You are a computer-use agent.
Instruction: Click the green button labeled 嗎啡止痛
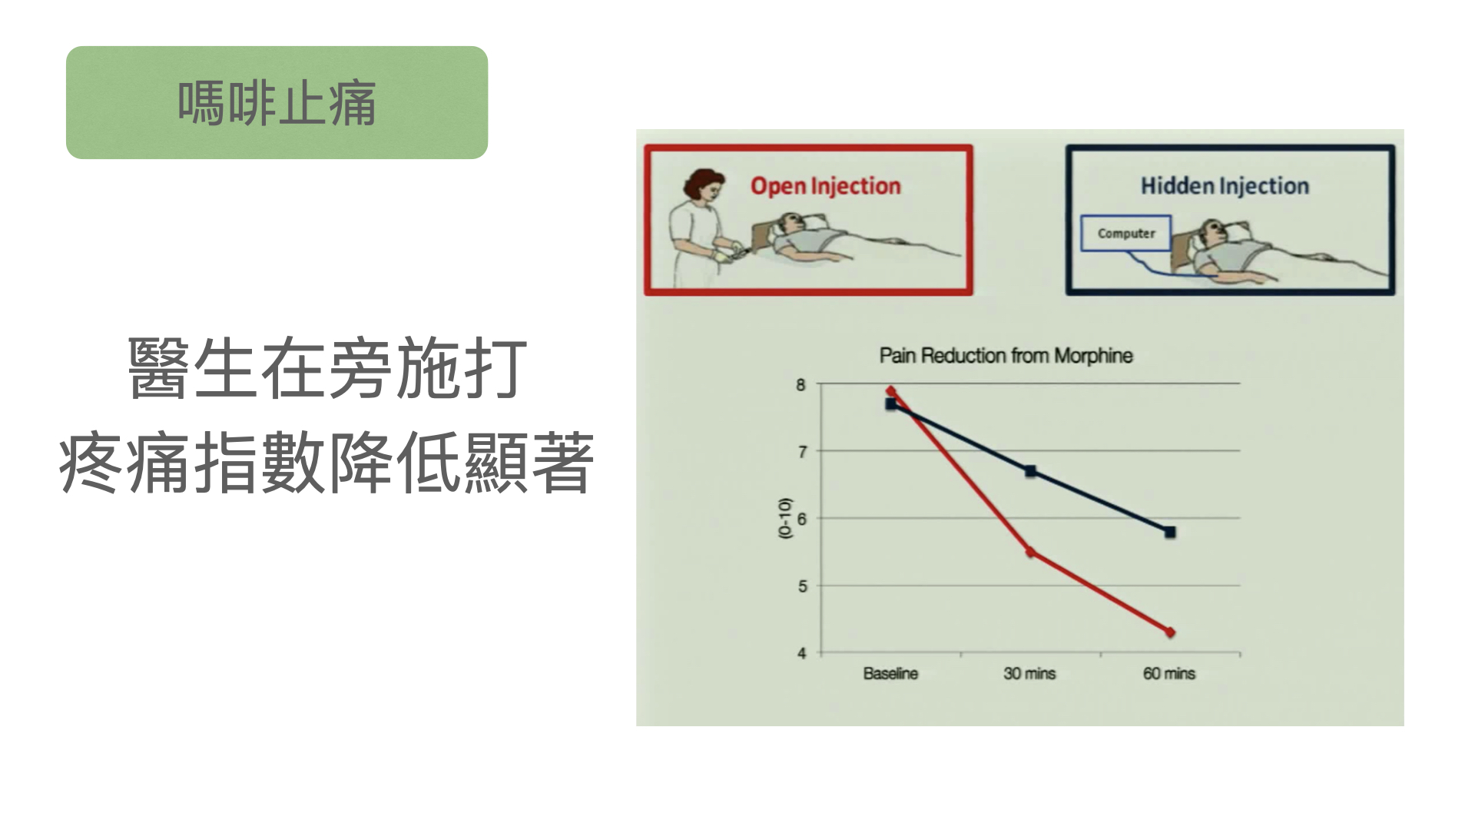coord(277,102)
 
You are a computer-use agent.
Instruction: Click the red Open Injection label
coord(825,186)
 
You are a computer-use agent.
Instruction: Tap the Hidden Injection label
coord(1225,186)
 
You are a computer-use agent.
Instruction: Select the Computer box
coord(1125,233)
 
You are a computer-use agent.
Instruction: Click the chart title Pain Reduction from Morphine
coord(1006,356)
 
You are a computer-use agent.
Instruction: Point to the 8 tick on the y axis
coord(801,385)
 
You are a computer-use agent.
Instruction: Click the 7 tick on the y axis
coord(801,452)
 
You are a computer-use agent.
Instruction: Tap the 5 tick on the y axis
coord(801,586)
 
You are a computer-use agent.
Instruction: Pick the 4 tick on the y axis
coord(801,653)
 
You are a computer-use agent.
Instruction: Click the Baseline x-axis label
coord(890,674)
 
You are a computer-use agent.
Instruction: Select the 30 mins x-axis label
coord(1029,674)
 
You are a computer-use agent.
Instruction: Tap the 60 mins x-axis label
coord(1169,674)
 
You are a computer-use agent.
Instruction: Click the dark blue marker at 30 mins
coord(1030,471)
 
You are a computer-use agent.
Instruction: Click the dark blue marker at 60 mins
coord(1170,532)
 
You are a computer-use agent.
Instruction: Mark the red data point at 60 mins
coord(1170,632)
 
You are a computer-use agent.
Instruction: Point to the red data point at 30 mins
coord(1030,552)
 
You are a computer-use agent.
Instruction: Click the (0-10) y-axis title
coord(784,518)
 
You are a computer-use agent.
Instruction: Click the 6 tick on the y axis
coord(801,520)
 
